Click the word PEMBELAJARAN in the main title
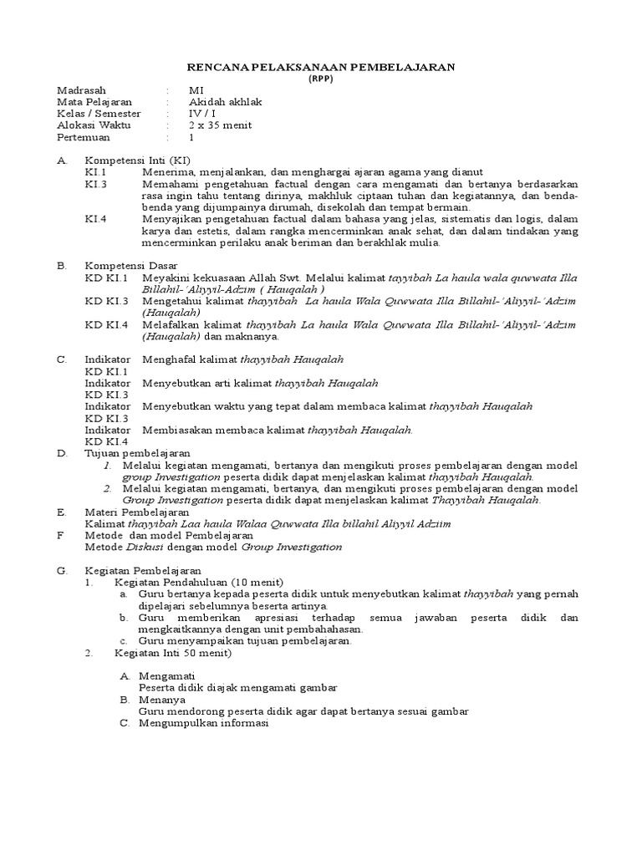[397, 67]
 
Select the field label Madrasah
[81, 90]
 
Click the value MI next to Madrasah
[196, 90]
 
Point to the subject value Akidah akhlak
[226, 102]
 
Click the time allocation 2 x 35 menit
[220, 125]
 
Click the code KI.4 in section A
[96, 219]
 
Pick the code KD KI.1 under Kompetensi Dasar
[106, 278]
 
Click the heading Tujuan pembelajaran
[137, 453]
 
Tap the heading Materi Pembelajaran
[137, 512]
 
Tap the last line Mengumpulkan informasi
[203, 723]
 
